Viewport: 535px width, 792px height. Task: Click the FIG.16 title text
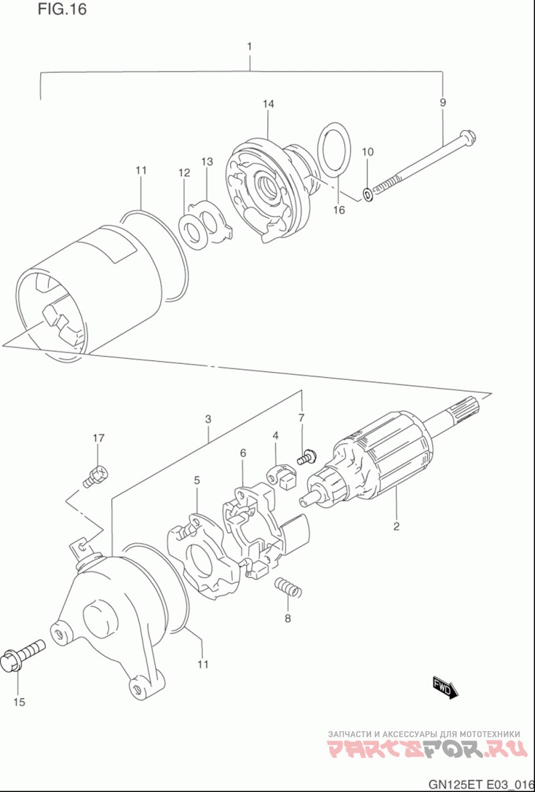point(62,9)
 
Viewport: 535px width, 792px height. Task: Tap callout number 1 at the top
point(249,46)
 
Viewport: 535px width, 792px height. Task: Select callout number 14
point(268,104)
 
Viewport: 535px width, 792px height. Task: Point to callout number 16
point(339,209)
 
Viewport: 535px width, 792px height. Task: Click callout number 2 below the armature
point(397,527)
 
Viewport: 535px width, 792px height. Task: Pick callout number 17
point(98,438)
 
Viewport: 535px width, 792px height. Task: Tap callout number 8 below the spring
point(288,618)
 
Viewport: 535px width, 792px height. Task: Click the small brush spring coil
point(288,587)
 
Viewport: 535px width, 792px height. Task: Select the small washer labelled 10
point(368,193)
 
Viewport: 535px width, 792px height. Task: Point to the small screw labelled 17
point(95,476)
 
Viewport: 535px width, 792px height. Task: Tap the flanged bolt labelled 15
point(23,656)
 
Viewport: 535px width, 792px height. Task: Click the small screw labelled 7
point(306,457)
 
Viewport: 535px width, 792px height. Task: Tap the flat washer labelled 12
point(195,232)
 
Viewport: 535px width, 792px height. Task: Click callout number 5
point(197,480)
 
